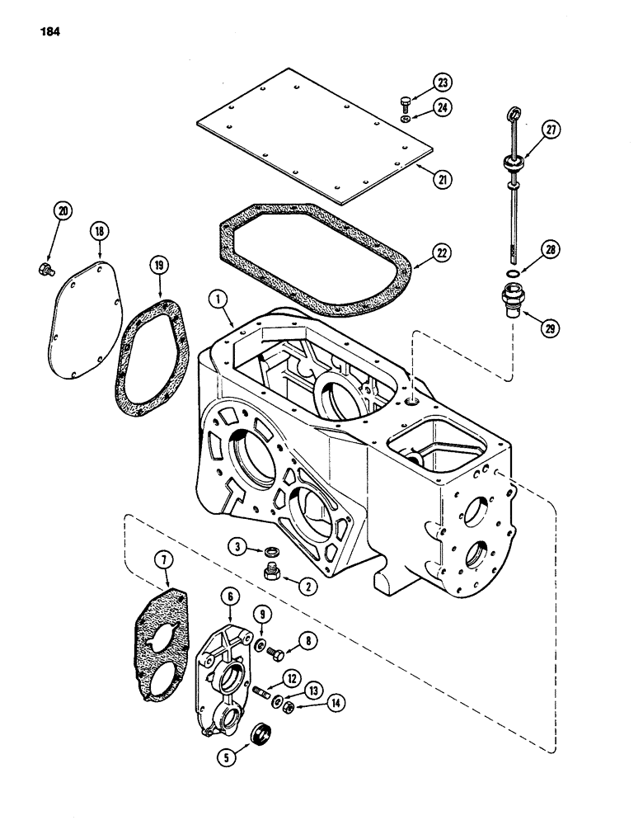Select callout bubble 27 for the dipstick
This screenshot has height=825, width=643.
pos(551,129)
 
